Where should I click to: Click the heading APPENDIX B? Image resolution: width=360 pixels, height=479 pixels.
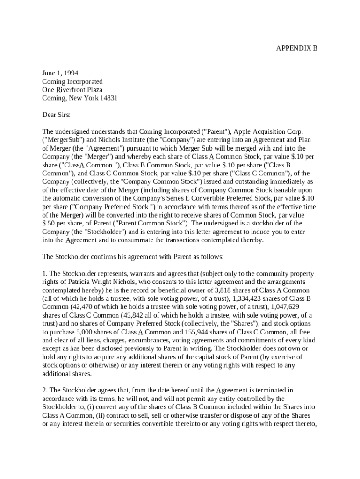296,48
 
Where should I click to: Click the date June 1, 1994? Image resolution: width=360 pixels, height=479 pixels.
60,73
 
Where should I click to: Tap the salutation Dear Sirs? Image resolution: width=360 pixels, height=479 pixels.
56,115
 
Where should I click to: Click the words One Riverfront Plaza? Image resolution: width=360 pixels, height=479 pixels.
72,90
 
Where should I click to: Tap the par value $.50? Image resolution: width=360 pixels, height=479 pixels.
50,224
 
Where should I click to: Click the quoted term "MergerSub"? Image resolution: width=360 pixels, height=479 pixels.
63,139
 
